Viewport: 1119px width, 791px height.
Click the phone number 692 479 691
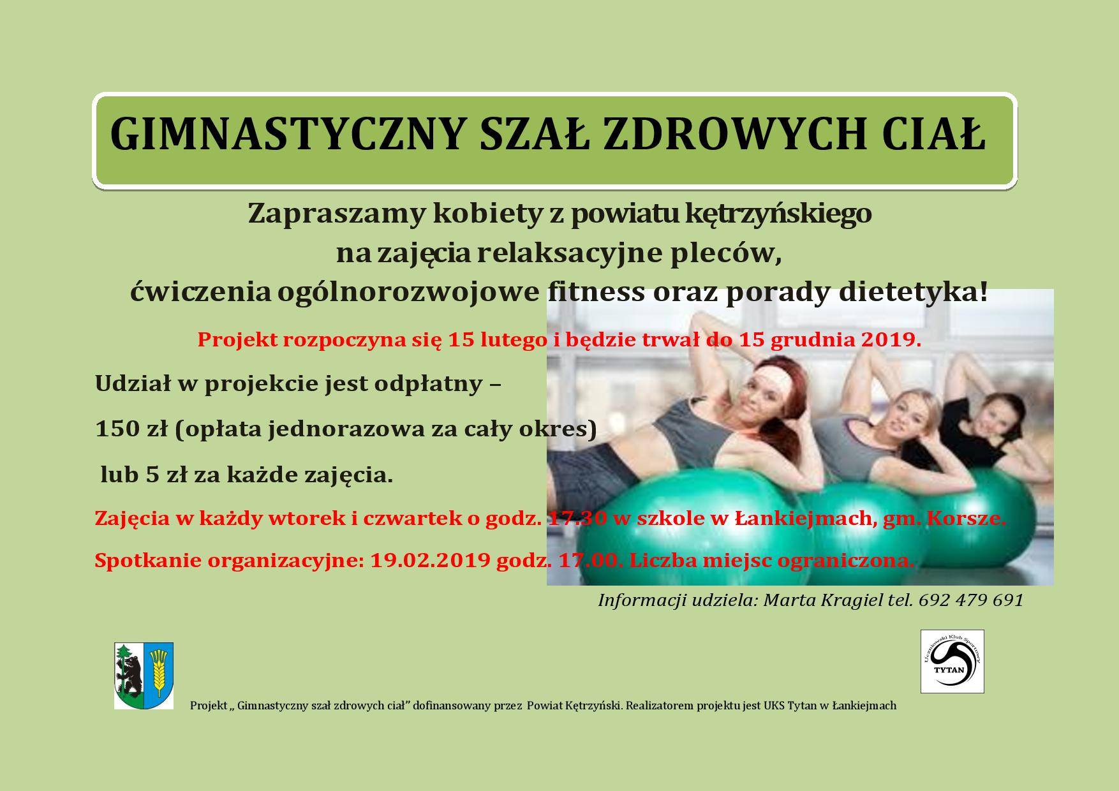(971, 600)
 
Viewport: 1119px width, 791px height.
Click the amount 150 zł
(131, 429)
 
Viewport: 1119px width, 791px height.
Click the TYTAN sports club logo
(952, 662)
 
